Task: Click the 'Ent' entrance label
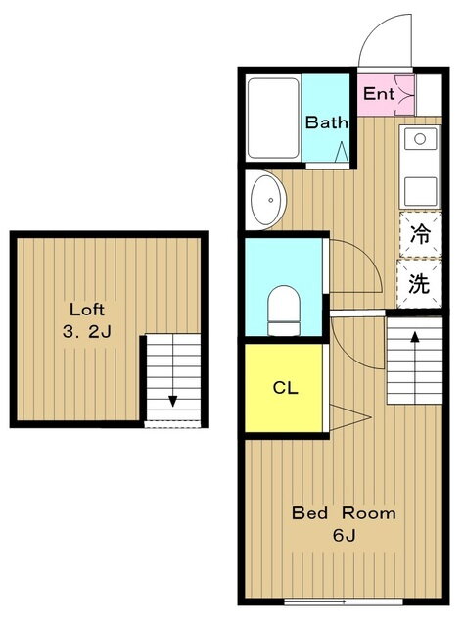click(x=379, y=94)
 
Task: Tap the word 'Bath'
click(x=326, y=121)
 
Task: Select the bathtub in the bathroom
click(x=273, y=119)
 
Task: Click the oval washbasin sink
click(x=268, y=200)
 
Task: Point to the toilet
click(x=284, y=311)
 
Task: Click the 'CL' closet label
click(x=286, y=388)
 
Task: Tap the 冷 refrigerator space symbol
click(x=420, y=234)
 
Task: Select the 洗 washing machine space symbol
click(x=419, y=284)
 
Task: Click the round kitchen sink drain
click(x=420, y=139)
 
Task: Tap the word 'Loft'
click(x=87, y=310)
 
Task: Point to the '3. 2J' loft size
click(x=87, y=331)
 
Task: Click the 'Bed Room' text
click(x=344, y=513)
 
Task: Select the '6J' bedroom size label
click(x=344, y=535)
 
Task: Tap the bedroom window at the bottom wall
click(x=344, y=601)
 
